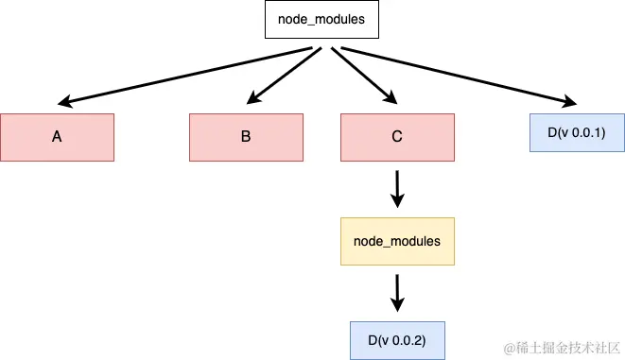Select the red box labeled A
pyautogui.click(x=57, y=137)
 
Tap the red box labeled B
pyautogui.click(x=245, y=137)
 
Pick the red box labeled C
pyautogui.click(x=396, y=137)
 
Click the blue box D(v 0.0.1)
pyautogui.click(x=576, y=132)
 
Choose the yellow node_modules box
pyautogui.click(x=396, y=241)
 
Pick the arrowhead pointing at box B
pyautogui.click(x=253, y=97)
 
